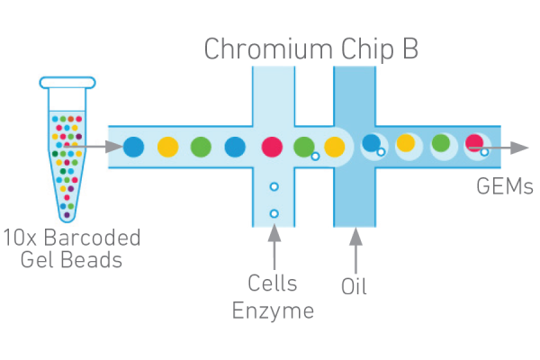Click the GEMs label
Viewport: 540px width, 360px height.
tap(504, 187)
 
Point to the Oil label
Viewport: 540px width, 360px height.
tap(355, 288)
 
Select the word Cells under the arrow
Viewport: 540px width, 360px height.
tap(273, 283)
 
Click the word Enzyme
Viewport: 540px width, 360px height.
tap(273, 311)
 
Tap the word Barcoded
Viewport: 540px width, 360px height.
tap(96, 238)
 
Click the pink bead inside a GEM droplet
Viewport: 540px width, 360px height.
tap(474, 142)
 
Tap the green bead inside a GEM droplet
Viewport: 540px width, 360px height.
tap(440, 142)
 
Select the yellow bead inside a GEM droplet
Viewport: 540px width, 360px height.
tap(406, 142)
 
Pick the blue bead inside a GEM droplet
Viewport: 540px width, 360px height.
tap(371, 142)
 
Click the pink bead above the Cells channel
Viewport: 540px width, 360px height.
tap(270, 146)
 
